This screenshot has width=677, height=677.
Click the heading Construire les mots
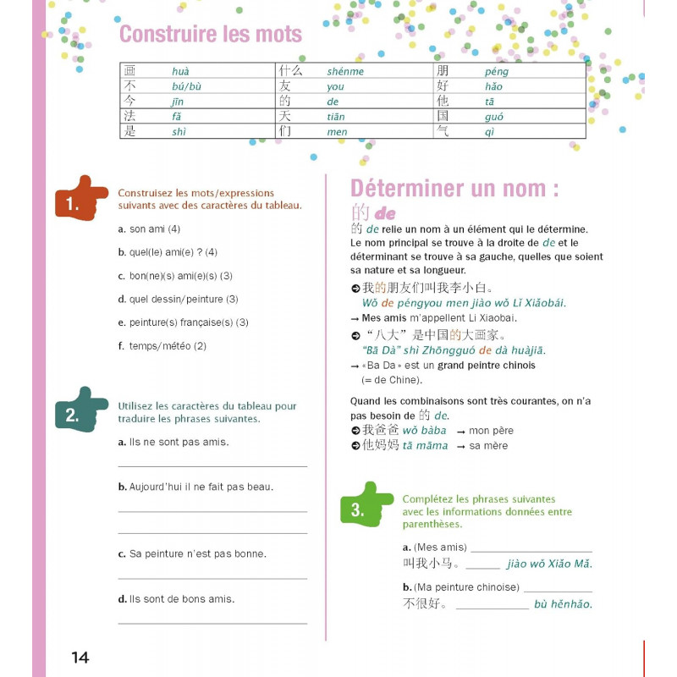210,34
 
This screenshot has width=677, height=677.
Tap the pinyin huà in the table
180,71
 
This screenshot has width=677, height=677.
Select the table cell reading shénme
345,71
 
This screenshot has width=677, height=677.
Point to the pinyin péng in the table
497,71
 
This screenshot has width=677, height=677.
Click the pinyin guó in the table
494,117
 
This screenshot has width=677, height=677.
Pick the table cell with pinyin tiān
336,117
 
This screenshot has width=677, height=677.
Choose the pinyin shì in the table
179,132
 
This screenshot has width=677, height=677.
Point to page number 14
80,658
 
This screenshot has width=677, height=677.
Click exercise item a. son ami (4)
150,229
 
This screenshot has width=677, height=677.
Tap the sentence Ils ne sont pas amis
179,442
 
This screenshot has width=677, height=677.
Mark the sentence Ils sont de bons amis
182,599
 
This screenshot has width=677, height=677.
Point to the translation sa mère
488,446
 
